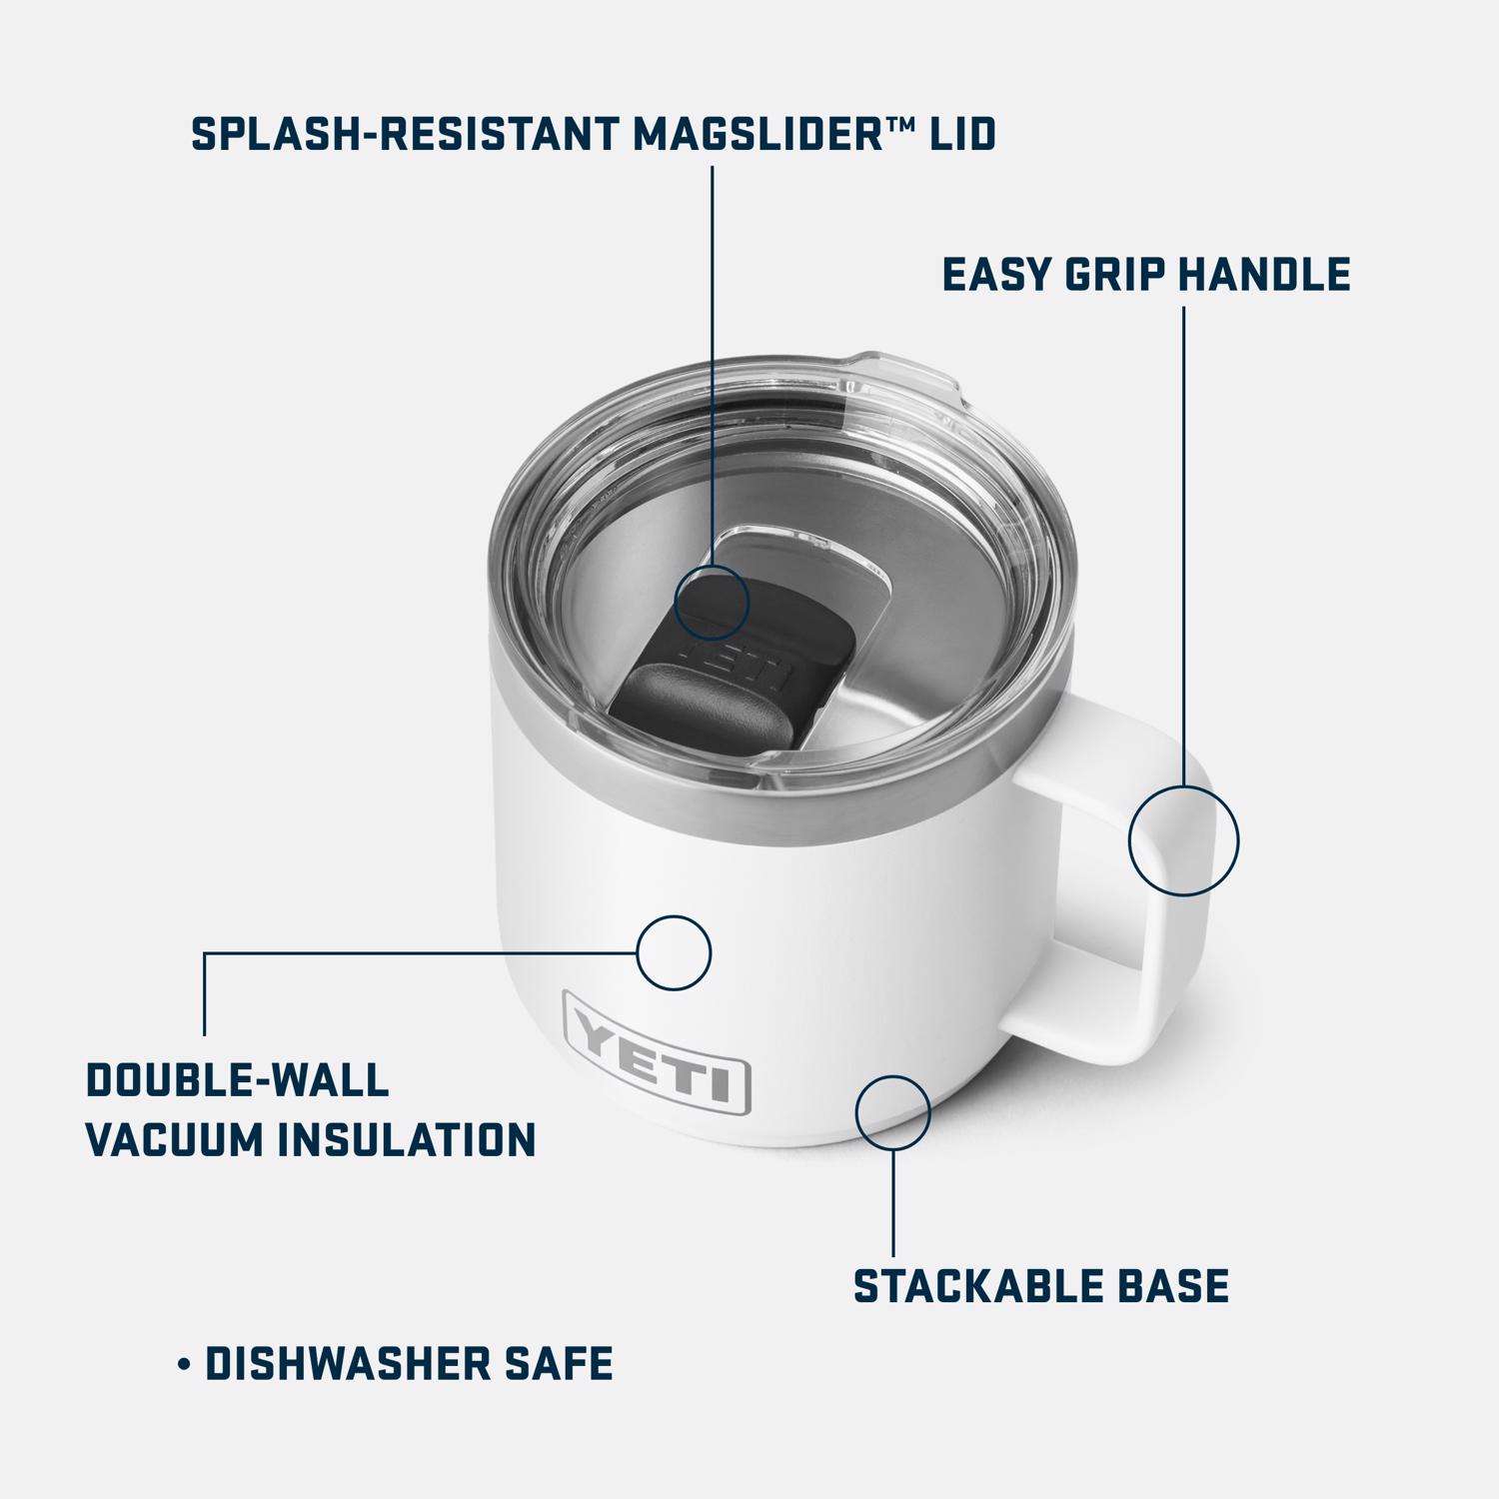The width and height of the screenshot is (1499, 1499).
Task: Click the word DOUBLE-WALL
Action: (x=237, y=1080)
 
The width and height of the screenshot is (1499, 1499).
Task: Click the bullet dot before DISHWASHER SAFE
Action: (x=183, y=1364)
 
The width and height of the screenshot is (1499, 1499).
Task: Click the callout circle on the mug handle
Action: (x=1183, y=839)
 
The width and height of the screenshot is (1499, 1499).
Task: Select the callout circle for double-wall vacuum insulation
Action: (x=674, y=952)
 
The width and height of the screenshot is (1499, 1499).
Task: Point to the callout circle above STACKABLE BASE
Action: (x=893, y=1112)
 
